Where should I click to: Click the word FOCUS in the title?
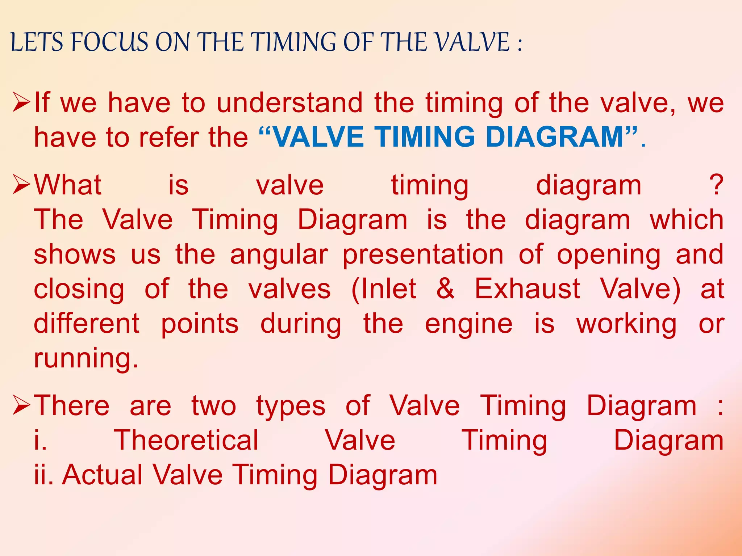click(x=110, y=42)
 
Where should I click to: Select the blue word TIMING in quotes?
click(x=424, y=137)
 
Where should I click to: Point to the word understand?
click(x=289, y=103)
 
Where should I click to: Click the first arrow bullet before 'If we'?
click(x=21, y=102)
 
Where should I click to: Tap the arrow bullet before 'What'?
click(x=21, y=184)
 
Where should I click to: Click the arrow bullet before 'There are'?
click(x=21, y=405)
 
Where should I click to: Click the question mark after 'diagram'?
click(x=716, y=185)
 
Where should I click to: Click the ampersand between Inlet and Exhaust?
click(x=445, y=289)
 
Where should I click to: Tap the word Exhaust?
click(x=527, y=289)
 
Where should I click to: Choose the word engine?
click(x=468, y=324)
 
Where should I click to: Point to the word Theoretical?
click(x=186, y=440)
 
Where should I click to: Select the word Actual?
click(x=103, y=475)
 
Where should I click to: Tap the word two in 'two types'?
click(x=214, y=406)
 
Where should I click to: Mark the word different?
click(x=86, y=324)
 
